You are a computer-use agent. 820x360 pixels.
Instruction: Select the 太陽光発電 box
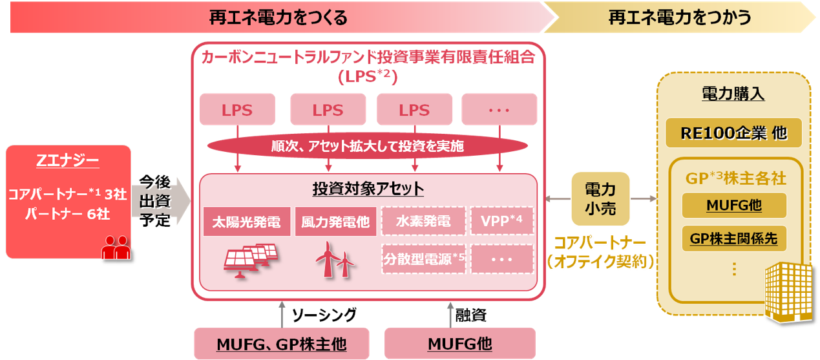(246, 222)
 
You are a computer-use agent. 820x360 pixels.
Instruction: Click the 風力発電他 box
(335, 222)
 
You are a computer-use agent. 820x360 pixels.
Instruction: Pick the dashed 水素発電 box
(423, 222)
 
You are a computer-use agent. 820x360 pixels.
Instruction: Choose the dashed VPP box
(501, 222)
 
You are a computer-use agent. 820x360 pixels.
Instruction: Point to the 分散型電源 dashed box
(423, 259)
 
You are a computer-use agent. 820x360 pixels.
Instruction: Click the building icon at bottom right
(786, 293)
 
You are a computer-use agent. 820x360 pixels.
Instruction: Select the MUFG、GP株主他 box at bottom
(282, 344)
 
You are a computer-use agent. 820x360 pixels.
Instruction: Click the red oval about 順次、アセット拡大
(367, 147)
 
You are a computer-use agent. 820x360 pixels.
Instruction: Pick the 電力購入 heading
(733, 95)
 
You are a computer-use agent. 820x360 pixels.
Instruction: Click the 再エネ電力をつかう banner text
(680, 17)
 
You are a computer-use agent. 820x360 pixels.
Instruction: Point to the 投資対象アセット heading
(368, 189)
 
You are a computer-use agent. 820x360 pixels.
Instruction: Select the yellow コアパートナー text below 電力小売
(600, 245)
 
